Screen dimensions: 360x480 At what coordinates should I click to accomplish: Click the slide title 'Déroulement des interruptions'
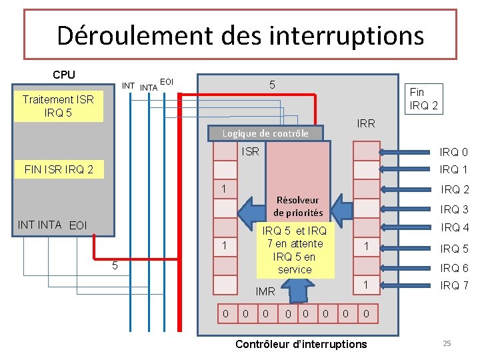pos(240,35)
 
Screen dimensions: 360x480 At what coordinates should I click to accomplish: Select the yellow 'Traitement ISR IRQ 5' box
pos(58,106)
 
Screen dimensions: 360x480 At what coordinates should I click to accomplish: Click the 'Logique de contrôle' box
pos(265,133)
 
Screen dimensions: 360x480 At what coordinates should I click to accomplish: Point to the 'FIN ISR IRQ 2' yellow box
pos(59,170)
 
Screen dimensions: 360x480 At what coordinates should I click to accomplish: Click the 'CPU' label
pos(64,75)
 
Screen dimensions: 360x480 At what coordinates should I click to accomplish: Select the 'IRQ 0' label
pos(454,152)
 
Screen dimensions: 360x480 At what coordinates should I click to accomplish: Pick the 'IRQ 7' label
pos(454,286)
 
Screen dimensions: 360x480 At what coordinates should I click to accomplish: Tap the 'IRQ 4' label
pos(455,227)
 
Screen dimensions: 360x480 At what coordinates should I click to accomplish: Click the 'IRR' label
pos(366,123)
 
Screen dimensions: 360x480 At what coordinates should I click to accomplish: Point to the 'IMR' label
pos(265,291)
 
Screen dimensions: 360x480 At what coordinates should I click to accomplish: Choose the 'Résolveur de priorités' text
pos(297,206)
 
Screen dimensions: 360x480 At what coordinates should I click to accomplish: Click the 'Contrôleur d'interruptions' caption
pos(301,344)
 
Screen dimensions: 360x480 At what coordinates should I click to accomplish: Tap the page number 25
pos(447,343)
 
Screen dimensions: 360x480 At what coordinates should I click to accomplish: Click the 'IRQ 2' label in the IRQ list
pos(455,190)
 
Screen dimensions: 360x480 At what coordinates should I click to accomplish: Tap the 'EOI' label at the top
pos(168,81)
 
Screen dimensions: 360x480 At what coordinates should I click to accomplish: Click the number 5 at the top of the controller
pos(272,85)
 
